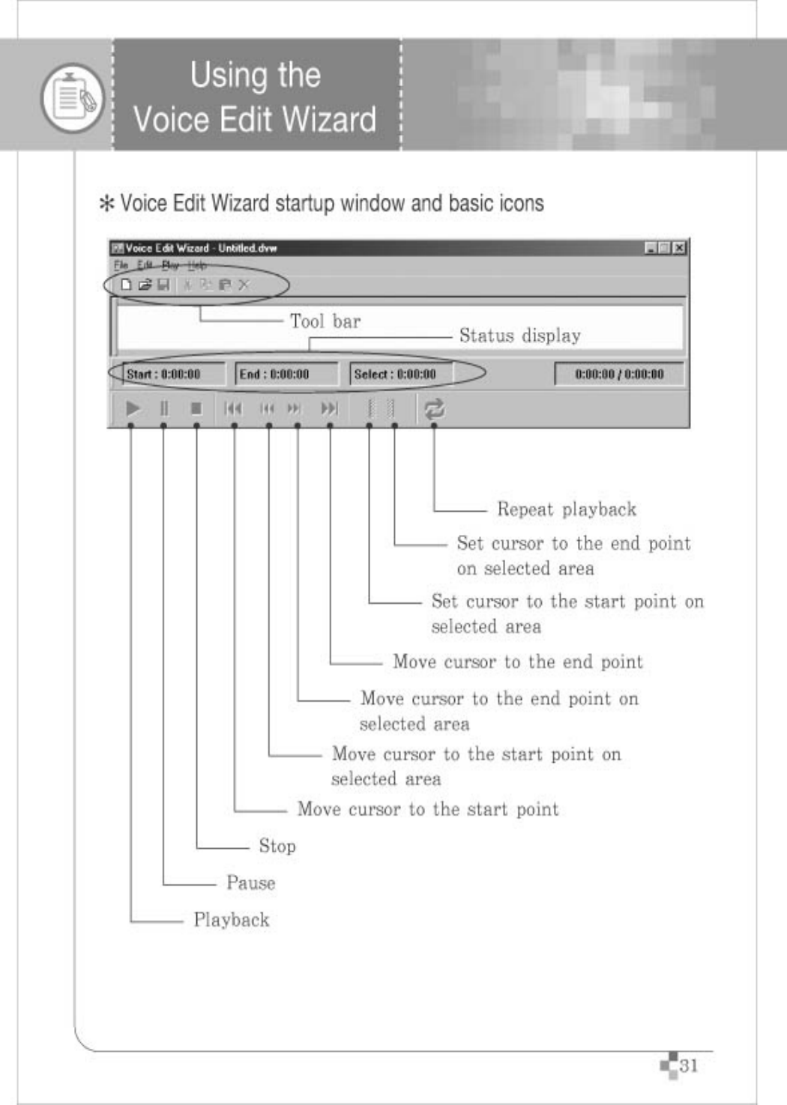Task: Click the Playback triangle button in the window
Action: (x=133, y=408)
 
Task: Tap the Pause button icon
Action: (x=164, y=408)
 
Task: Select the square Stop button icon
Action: (x=196, y=408)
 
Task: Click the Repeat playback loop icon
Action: (x=434, y=408)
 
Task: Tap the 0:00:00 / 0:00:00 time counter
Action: (x=619, y=374)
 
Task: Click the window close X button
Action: (x=678, y=248)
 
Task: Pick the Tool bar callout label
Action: (x=325, y=321)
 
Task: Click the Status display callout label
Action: (x=519, y=336)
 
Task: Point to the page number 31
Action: (x=688, y=1065)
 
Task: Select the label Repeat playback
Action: (x=566, y=509)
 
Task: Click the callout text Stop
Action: (x=277, y=846)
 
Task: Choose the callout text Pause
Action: (x=250, y=883)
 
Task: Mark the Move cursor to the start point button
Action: (x=233, y=408)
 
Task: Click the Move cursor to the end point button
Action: (x=329, y=408)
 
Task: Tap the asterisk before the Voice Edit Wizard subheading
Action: (x=106, y=204)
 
